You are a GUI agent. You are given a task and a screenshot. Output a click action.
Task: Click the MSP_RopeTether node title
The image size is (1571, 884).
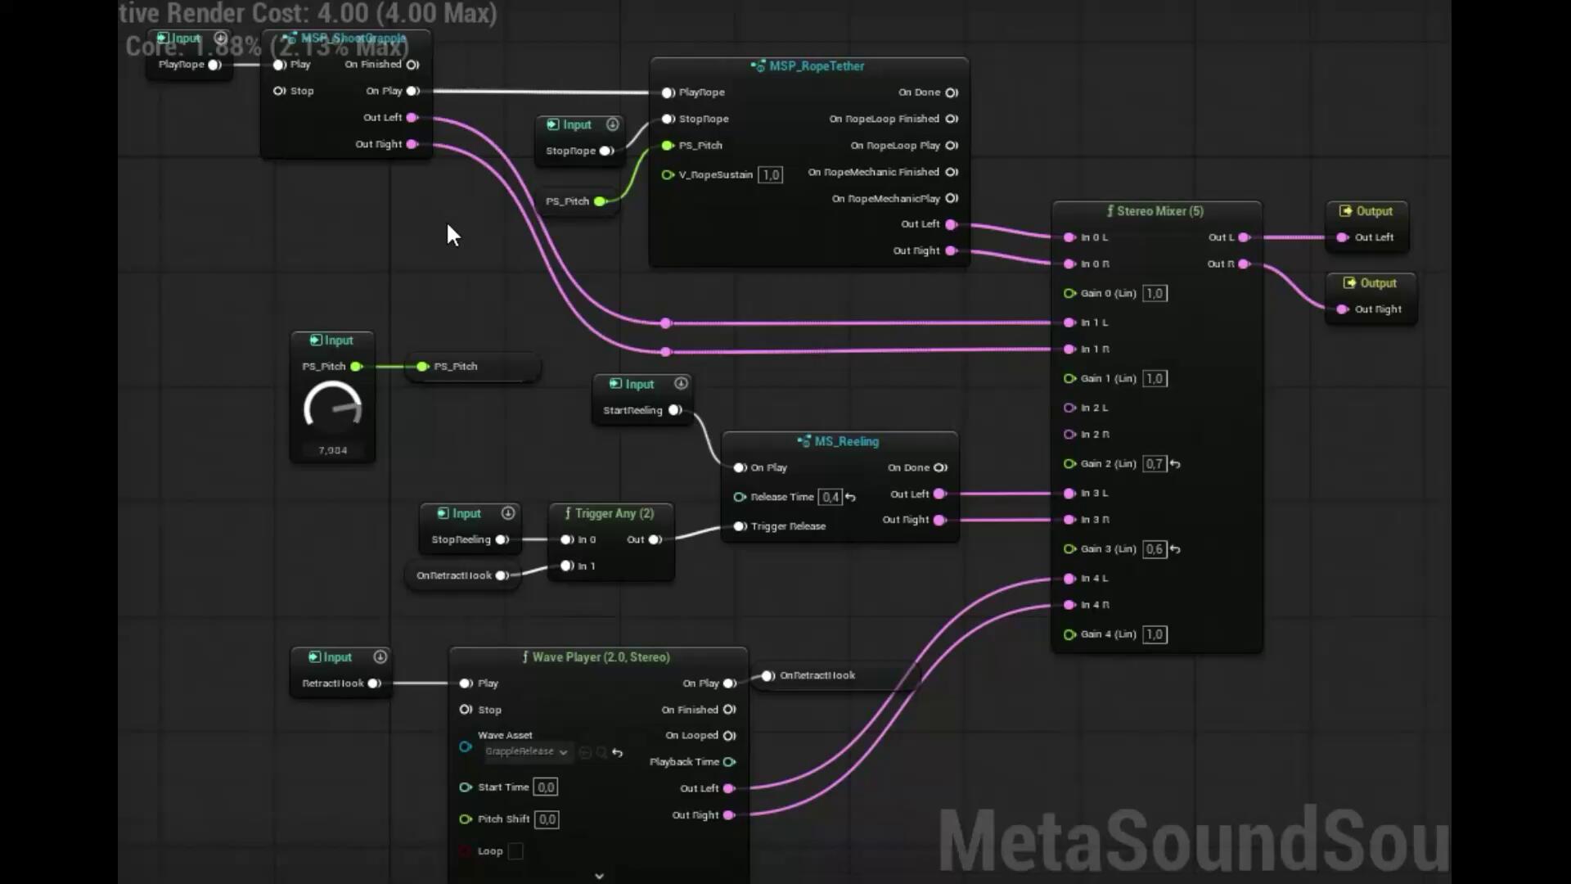(x=816, y=66)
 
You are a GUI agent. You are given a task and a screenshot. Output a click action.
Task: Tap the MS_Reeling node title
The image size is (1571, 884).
(x=846, y=441)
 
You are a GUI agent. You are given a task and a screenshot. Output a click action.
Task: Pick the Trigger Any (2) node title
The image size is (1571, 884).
(x=614, y=513)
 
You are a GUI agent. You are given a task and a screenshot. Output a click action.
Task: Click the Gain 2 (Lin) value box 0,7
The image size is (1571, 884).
(x=1154, y=464)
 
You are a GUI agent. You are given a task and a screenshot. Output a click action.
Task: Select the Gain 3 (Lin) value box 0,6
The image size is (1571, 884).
(x=1154, y=549)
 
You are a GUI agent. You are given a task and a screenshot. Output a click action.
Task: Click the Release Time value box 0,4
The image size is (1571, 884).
(x=830, y=497)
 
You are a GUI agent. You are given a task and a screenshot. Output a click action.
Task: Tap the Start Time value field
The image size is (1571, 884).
(x=546, y=787)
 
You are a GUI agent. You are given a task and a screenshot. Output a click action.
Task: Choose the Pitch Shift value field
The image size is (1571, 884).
(x=547, y=819)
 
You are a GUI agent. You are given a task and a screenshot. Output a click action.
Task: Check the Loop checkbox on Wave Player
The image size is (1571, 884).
(x=515, y=851)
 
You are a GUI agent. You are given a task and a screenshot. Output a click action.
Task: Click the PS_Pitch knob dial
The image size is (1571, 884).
(x=333, y=408)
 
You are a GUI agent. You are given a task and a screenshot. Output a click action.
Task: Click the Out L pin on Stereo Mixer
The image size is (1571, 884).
(x=1244, y=237)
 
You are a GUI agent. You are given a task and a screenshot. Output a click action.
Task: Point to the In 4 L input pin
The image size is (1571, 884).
(x=1069, y=579)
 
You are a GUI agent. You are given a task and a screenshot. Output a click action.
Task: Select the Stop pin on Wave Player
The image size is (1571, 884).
(x=466, y=710)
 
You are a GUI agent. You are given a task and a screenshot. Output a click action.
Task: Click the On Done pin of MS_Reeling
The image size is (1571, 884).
(x=941, y=467)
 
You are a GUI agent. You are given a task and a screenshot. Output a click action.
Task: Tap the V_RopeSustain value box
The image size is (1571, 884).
(x=771, y=175)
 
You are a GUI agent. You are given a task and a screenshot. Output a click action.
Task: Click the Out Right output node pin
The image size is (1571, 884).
(x=1342, y=309)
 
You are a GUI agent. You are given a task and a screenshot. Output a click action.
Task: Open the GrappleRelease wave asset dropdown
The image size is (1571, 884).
(x=527, y=751)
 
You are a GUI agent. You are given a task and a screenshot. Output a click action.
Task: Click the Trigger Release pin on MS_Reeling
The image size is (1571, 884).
(x=740, y=526)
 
